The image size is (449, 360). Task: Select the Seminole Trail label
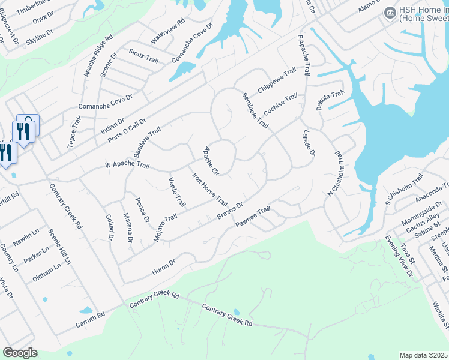(255, 110)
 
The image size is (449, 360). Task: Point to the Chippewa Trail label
(277, 80)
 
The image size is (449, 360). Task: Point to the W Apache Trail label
(126, 164)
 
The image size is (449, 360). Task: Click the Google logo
(20, 352)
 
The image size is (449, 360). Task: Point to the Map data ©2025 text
(424, 355)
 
